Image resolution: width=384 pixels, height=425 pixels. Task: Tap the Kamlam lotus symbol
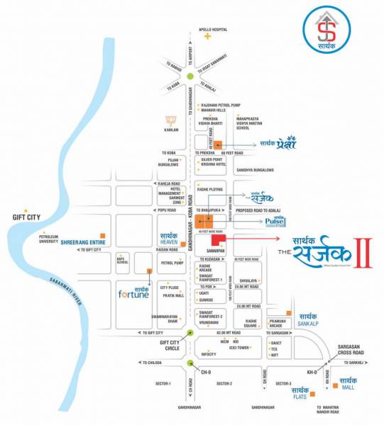169,120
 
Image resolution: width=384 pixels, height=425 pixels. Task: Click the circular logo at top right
327,30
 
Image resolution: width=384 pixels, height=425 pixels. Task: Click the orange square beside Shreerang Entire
103,234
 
